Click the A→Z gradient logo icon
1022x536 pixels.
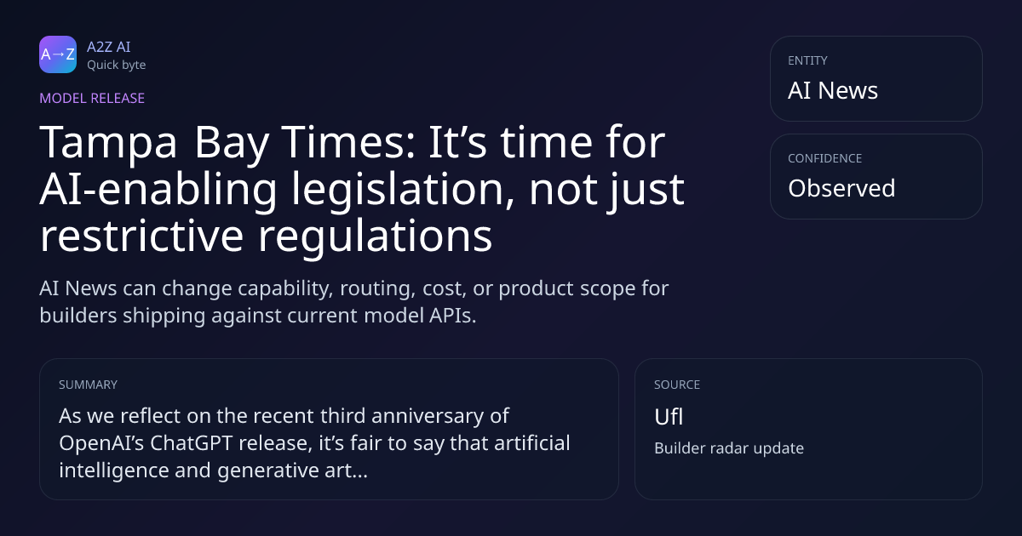tap(58, 54)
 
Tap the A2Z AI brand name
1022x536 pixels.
tap(109, 47)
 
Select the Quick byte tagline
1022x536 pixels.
tap(117, 66)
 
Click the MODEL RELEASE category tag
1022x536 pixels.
tap(92, 98)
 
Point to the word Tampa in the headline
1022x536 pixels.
tap(108, 143)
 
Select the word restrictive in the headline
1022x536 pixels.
tap(142, 236)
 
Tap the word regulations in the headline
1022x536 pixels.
tap(375, 237)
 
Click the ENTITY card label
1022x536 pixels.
tap(807, 60)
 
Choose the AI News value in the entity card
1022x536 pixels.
tap(833, 90)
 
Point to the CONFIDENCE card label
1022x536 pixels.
tap(825, 158)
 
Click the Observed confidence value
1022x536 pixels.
tap(841, 188)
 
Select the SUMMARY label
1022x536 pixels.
tap(88, 385)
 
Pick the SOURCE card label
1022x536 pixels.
tap(677, 385)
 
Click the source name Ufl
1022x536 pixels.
tap(669, 417)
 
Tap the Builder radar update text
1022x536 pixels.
tap(729, 448)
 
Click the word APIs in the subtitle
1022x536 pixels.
tap(452, 316)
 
